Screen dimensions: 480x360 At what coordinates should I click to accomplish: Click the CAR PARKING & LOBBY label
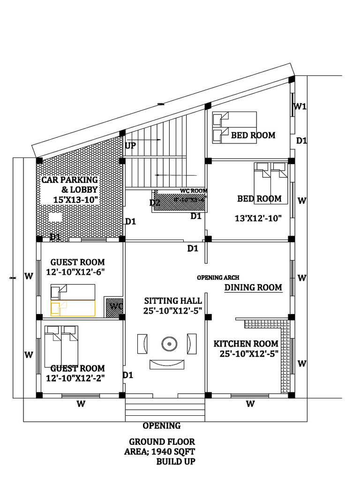69,185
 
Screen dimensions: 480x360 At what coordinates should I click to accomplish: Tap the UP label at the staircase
130,146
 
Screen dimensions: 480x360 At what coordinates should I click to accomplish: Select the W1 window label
300,106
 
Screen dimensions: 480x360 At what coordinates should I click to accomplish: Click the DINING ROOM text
253,287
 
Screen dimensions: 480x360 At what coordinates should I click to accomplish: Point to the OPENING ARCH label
216,277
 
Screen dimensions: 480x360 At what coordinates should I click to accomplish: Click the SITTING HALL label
173,300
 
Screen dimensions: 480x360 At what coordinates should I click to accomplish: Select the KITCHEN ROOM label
246,344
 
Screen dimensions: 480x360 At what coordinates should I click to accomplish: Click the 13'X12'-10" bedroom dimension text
258,218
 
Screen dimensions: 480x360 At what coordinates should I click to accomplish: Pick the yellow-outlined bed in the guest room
73,308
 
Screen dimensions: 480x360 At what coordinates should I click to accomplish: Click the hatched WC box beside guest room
114,306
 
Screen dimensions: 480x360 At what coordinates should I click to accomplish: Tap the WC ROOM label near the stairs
193,191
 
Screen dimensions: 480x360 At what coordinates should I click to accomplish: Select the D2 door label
155,203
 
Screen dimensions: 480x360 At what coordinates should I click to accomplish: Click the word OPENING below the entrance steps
161,426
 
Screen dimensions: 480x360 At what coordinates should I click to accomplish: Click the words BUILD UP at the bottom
175,462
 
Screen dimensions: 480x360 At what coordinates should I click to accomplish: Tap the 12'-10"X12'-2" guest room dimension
75,378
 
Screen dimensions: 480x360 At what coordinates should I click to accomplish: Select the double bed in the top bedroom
234,128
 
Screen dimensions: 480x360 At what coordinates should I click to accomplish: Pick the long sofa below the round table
167,364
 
